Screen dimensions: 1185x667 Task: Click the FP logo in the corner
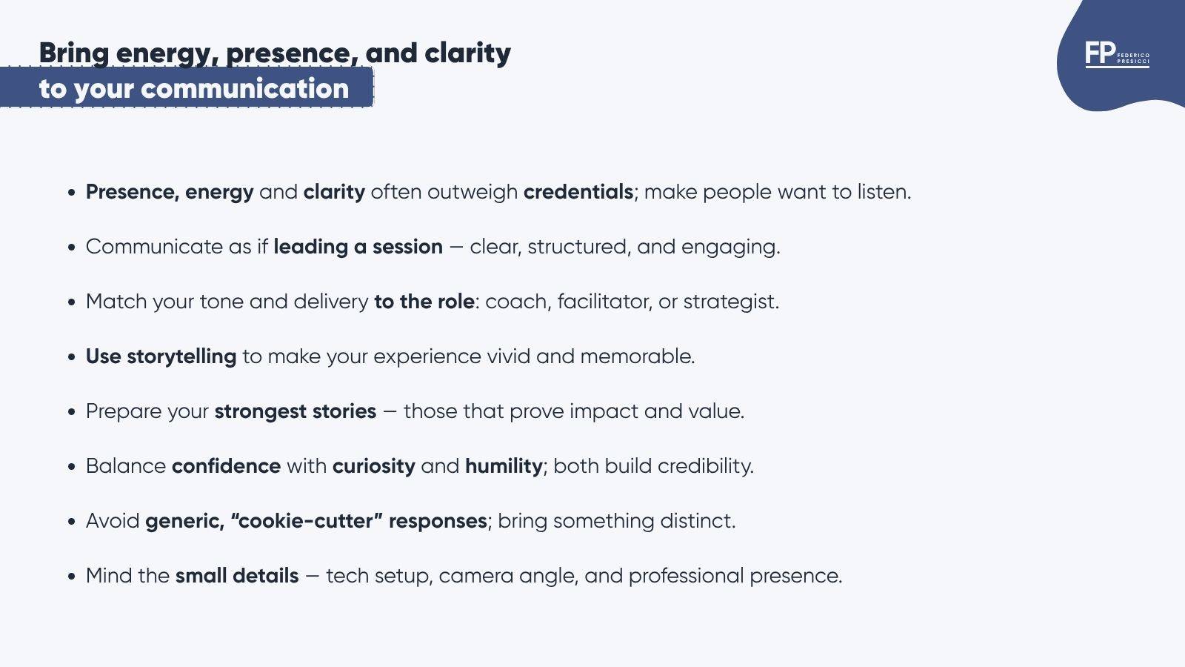tap(1117, 54)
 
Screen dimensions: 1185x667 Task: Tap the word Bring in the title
tap(74, 53)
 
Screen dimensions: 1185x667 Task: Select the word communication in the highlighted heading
tap(245, 88)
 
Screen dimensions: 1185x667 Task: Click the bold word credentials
tap(578, 192)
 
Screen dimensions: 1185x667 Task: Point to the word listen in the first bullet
tap(884, 192)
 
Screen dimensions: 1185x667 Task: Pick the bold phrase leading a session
tap(358, 248)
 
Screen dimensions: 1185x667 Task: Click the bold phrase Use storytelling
tap(161, 356)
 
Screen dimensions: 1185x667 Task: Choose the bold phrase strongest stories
tap(296, 412)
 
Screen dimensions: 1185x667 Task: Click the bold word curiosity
tap(373, 466)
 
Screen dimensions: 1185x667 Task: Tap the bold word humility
tap(504, 466)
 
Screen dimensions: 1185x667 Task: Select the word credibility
tap(705, 466)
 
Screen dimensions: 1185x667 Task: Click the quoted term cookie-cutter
tap(307, 520)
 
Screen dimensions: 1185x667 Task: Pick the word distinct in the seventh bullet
tap(698, 520)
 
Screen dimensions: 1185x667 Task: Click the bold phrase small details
tap(237, 575)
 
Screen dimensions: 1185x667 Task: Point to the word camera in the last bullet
tap(475, 576)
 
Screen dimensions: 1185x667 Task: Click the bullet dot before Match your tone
tap(72, 302)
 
